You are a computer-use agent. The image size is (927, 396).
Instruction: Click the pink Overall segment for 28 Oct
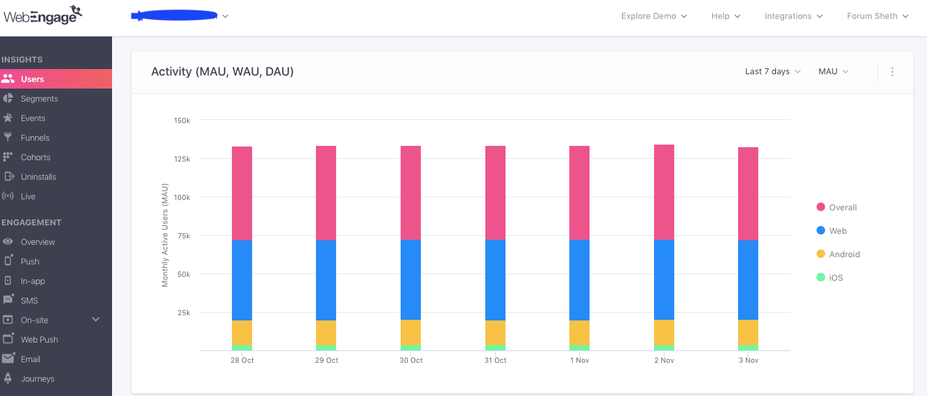pos(242,193)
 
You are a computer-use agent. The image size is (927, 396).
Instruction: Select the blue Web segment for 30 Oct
pos(410,279)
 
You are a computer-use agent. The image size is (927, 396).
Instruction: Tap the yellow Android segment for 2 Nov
pos(664,332)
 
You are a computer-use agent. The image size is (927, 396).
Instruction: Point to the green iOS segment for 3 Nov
pos(748,348)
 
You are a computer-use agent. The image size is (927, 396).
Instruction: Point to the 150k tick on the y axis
pos(182,120)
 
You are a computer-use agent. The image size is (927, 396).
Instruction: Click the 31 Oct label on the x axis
pos(495,360)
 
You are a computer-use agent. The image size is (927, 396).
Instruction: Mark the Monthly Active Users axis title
pos(165,235)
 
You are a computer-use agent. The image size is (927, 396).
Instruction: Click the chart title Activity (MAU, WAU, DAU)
pos(222,72)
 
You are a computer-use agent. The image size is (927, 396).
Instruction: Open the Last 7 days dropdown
pos(773,72)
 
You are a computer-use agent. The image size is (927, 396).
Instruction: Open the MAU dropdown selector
pos(833,72)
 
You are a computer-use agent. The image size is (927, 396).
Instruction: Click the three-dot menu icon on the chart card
pos(892,72)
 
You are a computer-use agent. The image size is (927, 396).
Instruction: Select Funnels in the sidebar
pos(35,137)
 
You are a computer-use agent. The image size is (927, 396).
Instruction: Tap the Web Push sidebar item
pos(39,339)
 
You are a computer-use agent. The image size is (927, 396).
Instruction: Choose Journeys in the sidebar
pos(37,378)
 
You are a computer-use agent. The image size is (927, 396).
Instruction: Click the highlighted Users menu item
pos(33,79)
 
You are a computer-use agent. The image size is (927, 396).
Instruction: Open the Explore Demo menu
pos(654,16)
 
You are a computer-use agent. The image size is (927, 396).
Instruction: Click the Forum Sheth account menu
pos(877,16)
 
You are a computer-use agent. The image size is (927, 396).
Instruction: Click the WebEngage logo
pos(43,16)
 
